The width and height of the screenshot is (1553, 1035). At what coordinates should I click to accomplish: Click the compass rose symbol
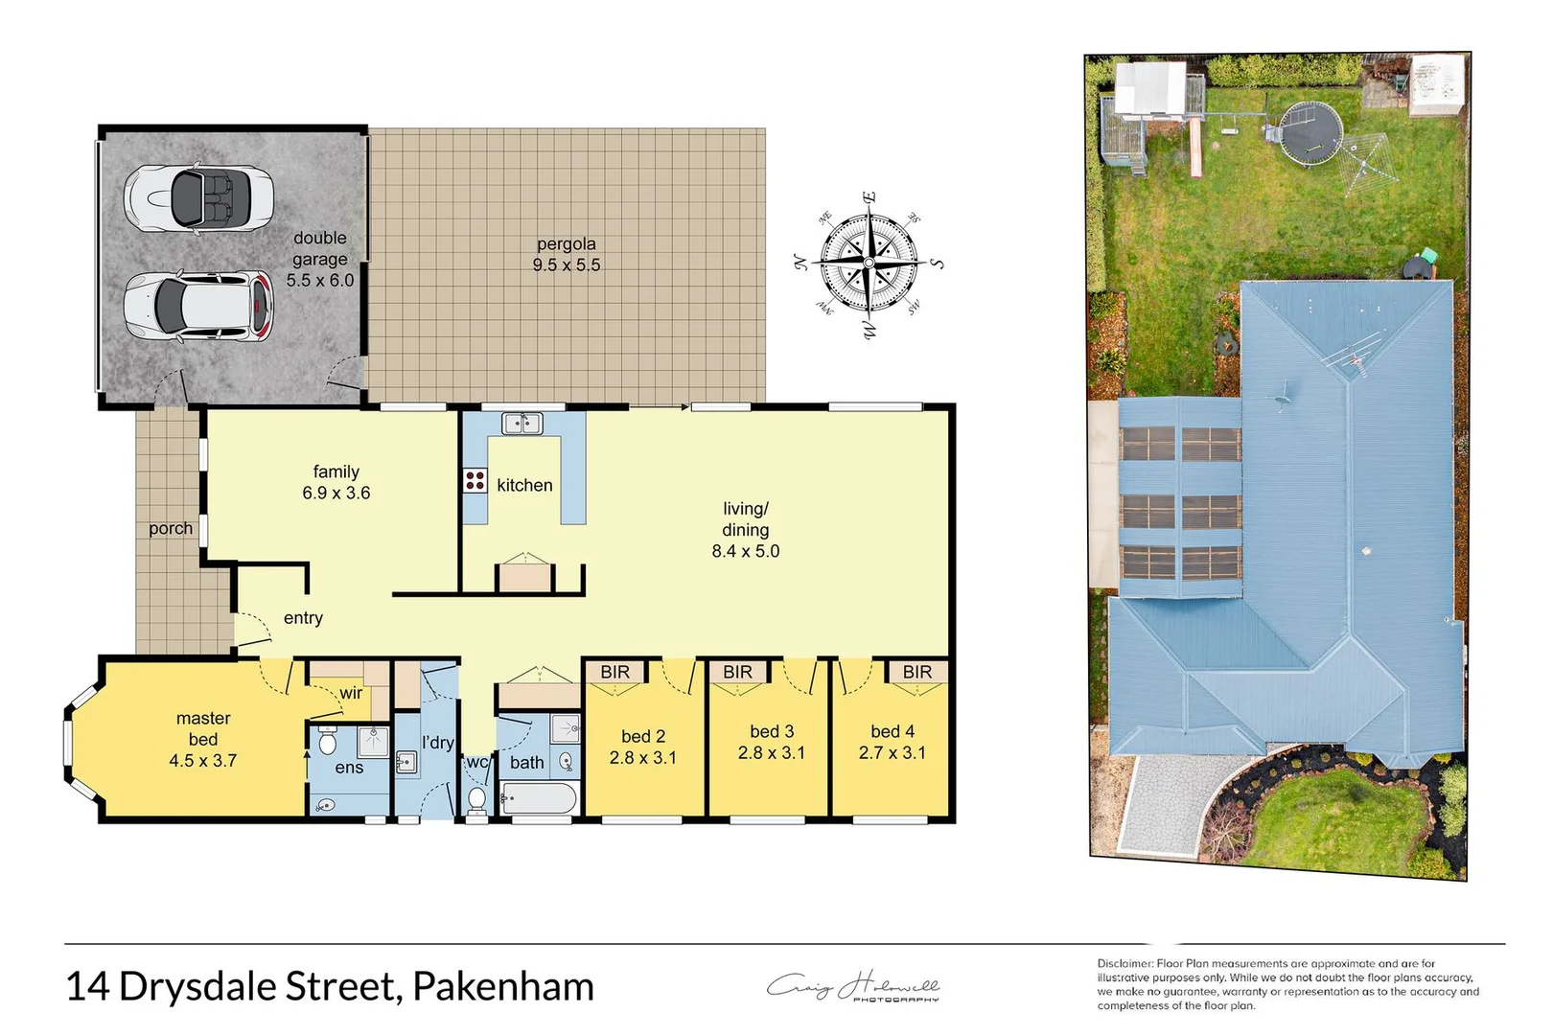point(869,263)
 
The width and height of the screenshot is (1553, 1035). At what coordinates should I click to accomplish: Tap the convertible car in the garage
point(198,197)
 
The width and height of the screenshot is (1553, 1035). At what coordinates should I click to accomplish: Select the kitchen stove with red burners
point(475,480)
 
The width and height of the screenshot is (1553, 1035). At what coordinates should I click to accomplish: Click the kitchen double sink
point(522,423)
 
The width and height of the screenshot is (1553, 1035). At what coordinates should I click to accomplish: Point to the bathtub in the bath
point(539,798)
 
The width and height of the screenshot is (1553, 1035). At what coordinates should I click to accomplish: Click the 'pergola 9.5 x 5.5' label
point(567,255)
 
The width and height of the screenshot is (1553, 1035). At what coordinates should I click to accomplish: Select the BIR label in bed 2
point(615,672)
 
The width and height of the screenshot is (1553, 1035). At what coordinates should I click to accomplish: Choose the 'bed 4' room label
point(892,732)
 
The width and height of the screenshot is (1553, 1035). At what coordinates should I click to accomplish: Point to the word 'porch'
point(171,528)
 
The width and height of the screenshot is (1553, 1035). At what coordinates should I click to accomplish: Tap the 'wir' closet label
point(351,693)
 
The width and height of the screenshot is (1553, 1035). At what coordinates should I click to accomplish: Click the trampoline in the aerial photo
point(1309,131)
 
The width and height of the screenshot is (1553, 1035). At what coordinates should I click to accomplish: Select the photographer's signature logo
point(853,987)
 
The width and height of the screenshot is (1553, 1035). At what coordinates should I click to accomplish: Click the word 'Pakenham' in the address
point(503,987)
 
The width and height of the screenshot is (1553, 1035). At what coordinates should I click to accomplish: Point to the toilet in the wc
point(476,799)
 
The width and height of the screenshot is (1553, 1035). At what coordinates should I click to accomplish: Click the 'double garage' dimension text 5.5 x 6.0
point(320,280)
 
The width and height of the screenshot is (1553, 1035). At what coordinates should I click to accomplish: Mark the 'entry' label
point(303,618)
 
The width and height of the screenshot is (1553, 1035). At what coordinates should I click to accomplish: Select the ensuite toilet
point(327,742)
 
